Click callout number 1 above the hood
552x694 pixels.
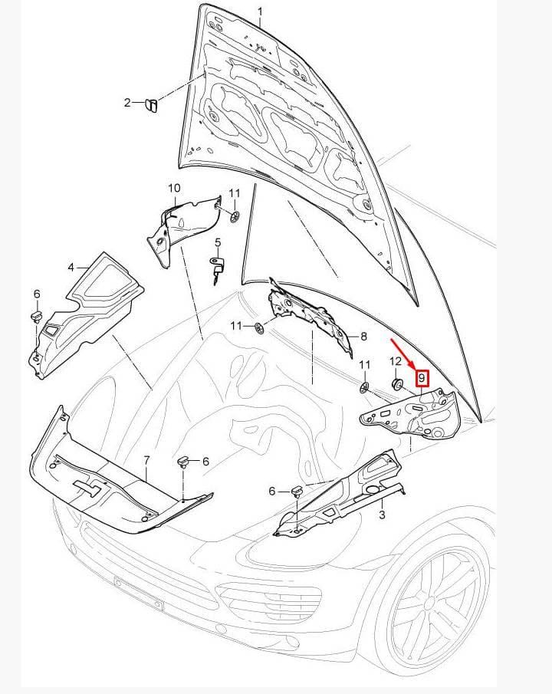click(x=261, y=12)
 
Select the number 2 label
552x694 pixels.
click(x=127, y=103)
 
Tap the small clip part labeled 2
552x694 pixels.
click(x=151, y=106)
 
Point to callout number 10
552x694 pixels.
click(x=174, y=188)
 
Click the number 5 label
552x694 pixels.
click(x=218, y=242)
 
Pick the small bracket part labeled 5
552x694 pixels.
click(x=216, y=268)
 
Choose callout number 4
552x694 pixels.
click(x=71, y=268)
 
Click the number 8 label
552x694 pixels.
click(x=364, y=337)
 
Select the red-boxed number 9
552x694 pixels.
click(x=422, y=378)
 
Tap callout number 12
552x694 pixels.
click(x=396, y=361)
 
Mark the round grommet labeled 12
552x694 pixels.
click(x=396, y=383)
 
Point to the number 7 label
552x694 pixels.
click(x=146, y=460)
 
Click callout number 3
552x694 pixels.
click(x=382, y=515)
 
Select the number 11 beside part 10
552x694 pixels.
click(x=235, y=193)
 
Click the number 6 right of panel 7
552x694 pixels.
click(x=205, y=462)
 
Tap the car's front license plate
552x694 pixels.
click(x=139, y=593)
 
